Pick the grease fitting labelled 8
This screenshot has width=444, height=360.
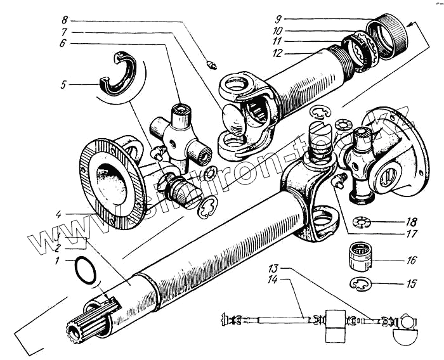211,63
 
